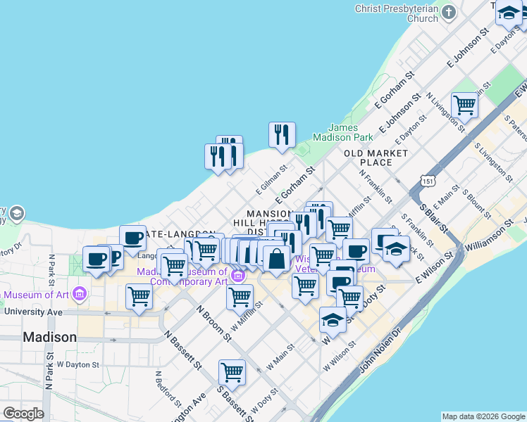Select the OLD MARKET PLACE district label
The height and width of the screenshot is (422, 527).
(x=376, y=158)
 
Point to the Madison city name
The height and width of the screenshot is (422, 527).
(x=49, y=337)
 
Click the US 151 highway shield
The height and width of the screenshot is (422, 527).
(x=426, y=181)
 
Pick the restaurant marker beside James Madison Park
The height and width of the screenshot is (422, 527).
(x=282, y=134)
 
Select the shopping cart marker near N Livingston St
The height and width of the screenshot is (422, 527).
(x=464, y=105)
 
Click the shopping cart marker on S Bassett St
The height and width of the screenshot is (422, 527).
(x=232, y=372)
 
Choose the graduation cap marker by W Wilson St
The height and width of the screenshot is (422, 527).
(x=333, y=320)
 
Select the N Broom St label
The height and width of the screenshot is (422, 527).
(x=213, y=323)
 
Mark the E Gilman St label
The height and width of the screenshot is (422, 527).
(x=272, y=179)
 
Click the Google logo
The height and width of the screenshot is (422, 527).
(x=23, y=414)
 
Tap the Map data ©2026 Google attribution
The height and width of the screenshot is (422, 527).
(x=483, y=416)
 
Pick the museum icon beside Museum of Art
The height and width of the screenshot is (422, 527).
(x=79, y=293)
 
